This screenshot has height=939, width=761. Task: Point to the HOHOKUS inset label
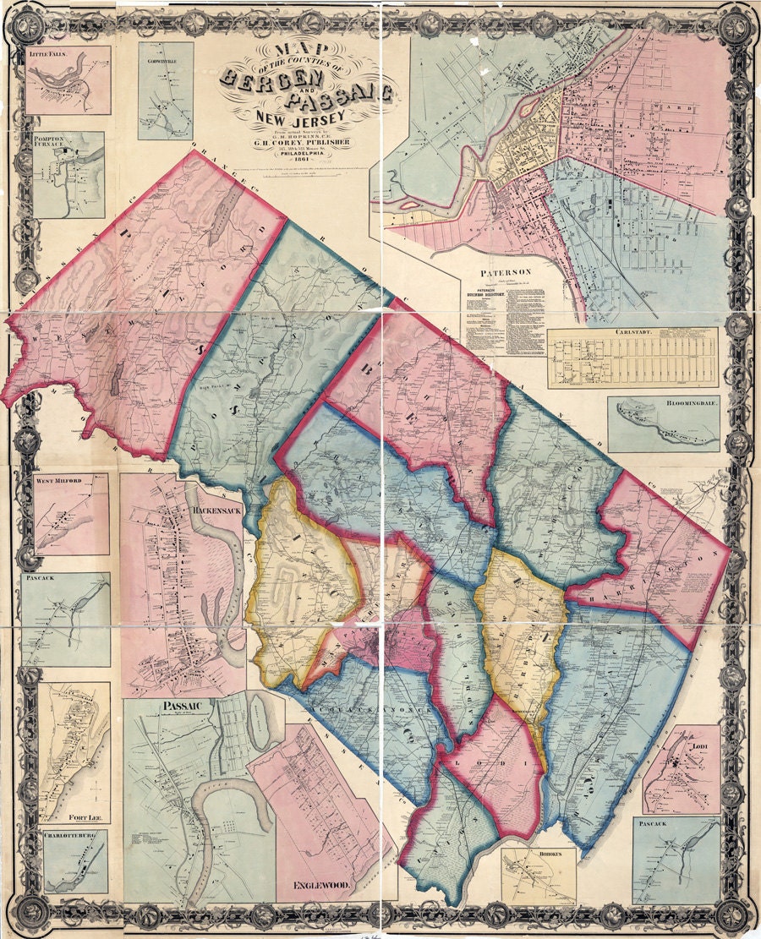click(538, 854)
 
